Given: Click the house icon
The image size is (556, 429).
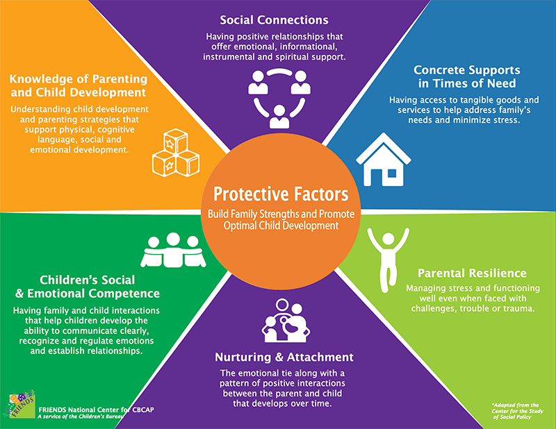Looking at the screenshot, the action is pyautogui.click(x=384, y=160).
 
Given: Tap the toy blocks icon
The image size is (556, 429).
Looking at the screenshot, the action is pyautogui.click(x=176, y=153).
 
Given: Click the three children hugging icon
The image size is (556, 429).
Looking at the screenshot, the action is pyautogui.click(x=173, y=250).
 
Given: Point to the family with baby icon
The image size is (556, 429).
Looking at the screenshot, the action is pyautogui.click(x=286, y=320).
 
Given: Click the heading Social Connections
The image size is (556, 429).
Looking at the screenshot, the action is pyautogui.click(x=274, y=20).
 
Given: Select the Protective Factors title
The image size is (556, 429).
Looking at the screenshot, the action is pyautogui.click(x=281, y=194).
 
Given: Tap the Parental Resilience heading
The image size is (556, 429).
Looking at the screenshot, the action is pyautogui.click(x=472, y=273).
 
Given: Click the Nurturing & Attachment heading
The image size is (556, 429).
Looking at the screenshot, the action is pyautogui.click(x=284, y=357).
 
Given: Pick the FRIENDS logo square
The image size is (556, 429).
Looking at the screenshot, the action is pyautogui.click(x=22, y=405).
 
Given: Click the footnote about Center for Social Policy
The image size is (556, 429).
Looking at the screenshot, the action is pyautogui.click(x=517, y=411).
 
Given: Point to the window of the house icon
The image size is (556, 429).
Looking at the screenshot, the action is pyautogui.click(x=392, y=174).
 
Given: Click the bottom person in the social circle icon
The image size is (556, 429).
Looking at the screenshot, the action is pyautogui.click(x=279, y=117).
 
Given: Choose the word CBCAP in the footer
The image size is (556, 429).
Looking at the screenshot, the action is pyautogui.click(x=143, y=410).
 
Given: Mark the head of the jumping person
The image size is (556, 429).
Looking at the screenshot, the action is pyautogui.click(x=389, y=239).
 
